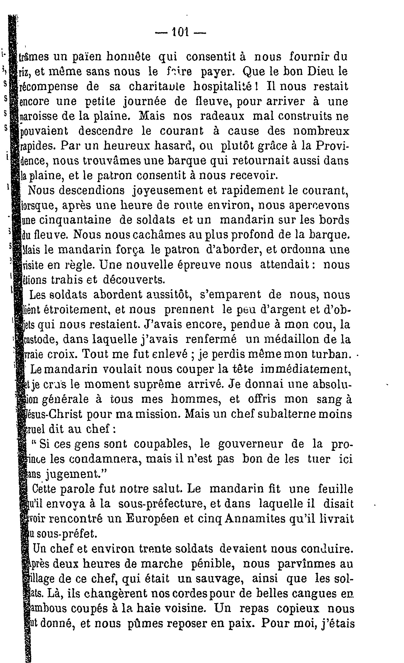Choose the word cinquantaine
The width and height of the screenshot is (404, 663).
coord(75,220)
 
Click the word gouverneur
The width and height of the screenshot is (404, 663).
coord(251,444)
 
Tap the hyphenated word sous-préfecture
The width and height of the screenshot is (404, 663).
coord(161,504)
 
